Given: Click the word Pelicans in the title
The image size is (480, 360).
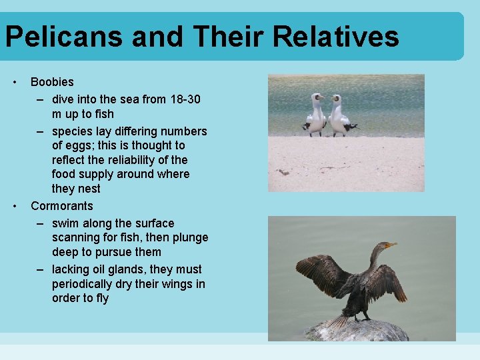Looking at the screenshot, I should (x=64, y=37).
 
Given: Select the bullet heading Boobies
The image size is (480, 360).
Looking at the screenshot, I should (x=52, y=82).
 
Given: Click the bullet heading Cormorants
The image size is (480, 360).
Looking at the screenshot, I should (x=62, y=206).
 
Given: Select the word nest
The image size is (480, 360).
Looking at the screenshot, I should (x=89, y=189).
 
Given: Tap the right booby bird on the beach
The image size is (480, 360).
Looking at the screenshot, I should (x=339, y=115).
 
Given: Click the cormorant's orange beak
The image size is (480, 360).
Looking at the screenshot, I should (x=391, y=245).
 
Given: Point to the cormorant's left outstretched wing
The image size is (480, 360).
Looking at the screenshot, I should (x=323, y=273).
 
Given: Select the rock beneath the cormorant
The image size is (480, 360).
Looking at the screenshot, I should (x=360, y=331).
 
